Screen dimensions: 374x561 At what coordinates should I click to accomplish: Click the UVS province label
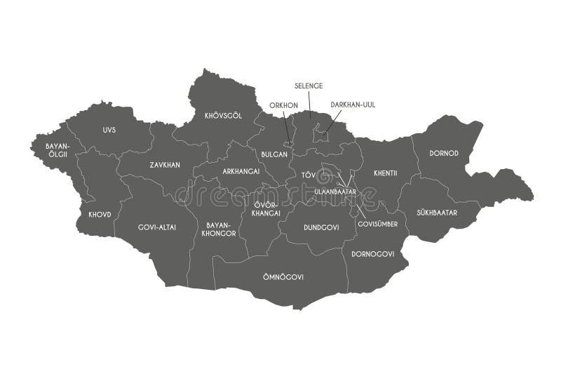109,130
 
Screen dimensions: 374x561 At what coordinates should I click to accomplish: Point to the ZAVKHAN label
165,165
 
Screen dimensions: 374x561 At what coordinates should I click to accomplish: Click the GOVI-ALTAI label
157,227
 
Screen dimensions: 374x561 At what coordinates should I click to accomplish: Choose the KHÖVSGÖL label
223,116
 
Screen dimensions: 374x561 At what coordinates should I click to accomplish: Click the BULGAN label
274,153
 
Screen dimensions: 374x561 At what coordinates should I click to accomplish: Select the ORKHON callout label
284,106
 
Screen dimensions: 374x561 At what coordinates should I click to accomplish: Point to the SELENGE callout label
309,86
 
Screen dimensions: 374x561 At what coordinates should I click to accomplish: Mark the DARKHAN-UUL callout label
353,105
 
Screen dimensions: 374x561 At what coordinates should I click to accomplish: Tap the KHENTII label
386,172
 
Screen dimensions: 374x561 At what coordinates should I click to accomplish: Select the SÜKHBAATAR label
436,212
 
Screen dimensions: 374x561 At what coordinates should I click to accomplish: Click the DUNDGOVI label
321,227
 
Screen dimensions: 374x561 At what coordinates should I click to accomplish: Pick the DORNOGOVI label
373,253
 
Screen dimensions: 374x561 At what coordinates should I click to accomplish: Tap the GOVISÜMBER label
377,224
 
